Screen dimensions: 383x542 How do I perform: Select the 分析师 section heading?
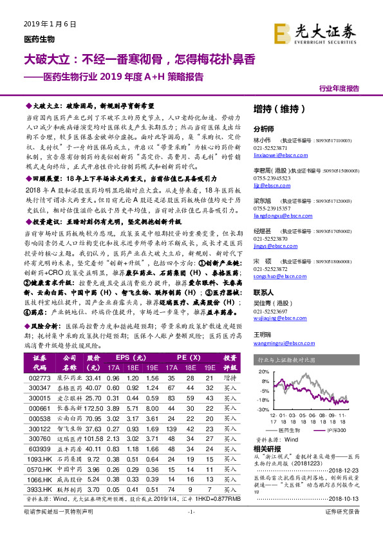(264, 129)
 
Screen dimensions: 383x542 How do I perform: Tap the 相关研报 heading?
(266, 448)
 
